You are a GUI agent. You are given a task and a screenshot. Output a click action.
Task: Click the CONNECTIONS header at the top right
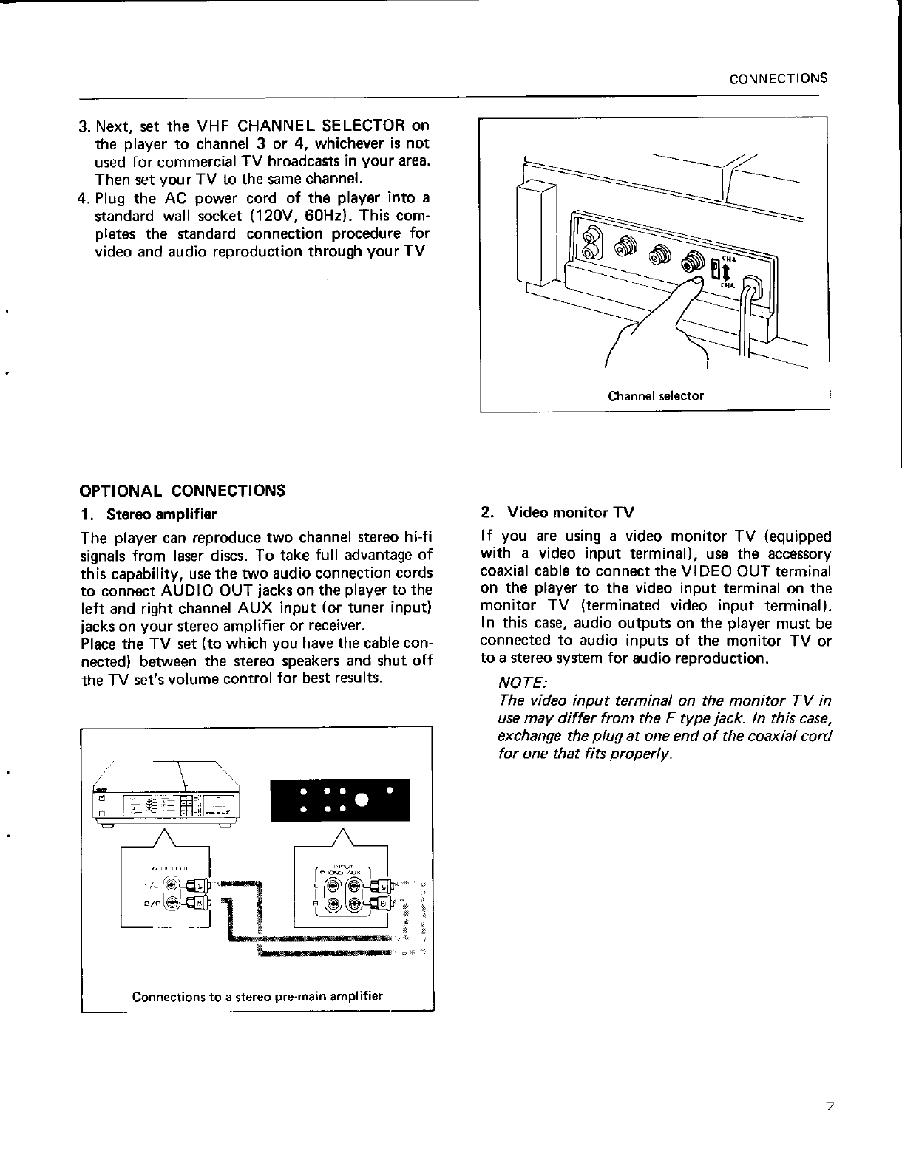click(777, 78)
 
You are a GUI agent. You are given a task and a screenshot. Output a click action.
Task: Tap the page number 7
click(830, 1107)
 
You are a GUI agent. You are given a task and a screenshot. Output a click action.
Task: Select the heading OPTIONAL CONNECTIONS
click(182, 491)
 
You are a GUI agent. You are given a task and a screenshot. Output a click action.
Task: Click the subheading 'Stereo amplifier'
click(161, 514)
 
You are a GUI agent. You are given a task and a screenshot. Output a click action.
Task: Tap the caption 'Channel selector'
click(655, 395)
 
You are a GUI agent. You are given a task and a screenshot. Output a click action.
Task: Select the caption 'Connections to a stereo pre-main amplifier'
click(257, 995)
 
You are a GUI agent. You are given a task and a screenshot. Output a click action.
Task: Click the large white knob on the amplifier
click(362, 801)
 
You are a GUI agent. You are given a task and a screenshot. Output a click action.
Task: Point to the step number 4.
click(84, 199)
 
